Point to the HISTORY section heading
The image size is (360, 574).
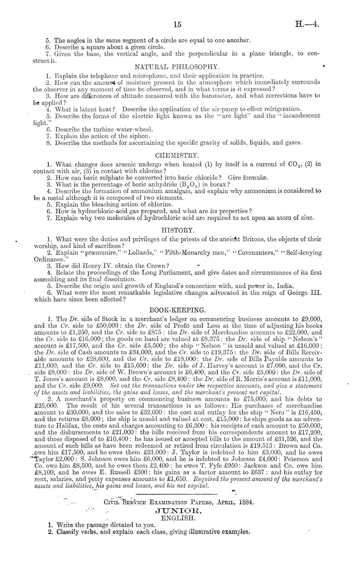(x=178, y=230)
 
